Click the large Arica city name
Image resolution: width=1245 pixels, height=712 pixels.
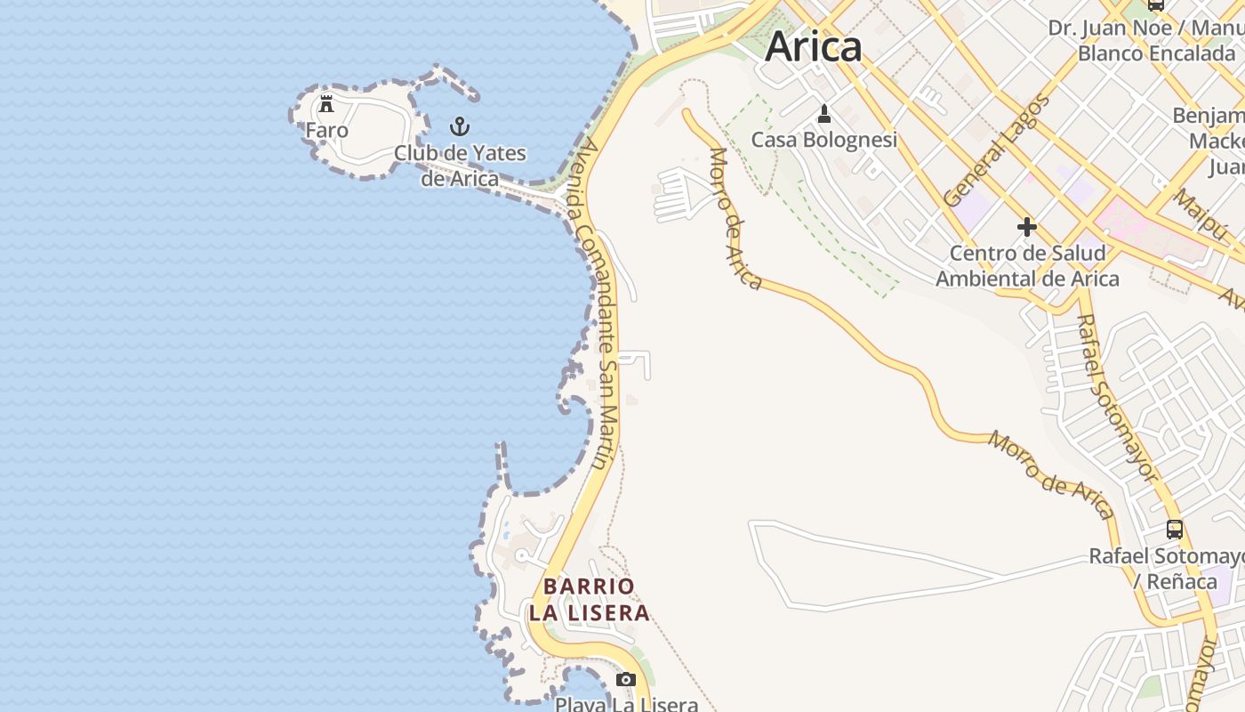(813, 46)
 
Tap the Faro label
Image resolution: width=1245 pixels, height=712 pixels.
(326, 130)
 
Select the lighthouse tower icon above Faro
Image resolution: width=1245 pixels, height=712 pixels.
(326, 103)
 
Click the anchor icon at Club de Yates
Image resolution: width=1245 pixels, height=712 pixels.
(460, 125)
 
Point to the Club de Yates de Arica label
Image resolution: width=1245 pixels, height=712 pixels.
(460, 166)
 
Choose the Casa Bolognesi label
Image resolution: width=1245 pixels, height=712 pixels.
(823, 140)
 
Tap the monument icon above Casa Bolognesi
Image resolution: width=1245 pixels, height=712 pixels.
(824, 114)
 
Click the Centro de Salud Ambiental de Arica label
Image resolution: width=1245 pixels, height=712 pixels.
(1027, 265)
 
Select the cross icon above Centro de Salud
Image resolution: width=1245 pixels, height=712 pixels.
(1027, 227)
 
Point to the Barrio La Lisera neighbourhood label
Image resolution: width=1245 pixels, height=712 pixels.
(589, 600)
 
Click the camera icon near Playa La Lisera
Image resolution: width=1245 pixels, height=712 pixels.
(626, 680)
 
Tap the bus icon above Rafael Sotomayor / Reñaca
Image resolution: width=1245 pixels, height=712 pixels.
(1175, 530)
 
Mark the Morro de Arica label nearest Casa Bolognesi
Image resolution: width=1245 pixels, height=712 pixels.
(736, 219)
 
